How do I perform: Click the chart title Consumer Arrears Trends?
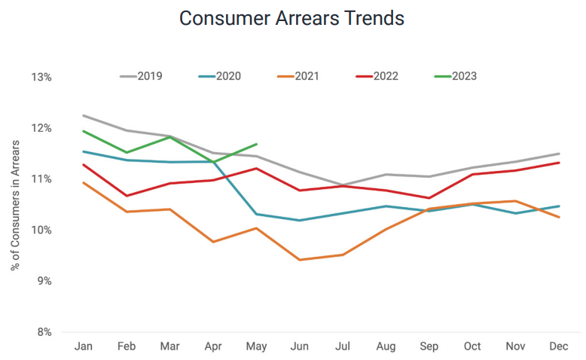(x=292, y=18)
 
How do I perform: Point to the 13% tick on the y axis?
(x=41, y=78)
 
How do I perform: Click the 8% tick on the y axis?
(x=44, y=332)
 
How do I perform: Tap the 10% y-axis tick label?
(x=41, y=230)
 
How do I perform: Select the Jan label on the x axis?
(x=83, y=346)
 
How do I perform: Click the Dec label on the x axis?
(x=559, y=346)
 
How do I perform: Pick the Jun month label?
(x=300, y=346)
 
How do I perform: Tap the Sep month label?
(x=429, y=346)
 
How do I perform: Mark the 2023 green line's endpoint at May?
(x=257, y=144)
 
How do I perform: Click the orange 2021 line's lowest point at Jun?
(x=300, y=260)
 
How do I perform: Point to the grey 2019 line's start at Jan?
(x=83, y=116)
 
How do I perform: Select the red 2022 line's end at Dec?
(x=559, y=163)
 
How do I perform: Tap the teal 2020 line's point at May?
(x=257, y=214)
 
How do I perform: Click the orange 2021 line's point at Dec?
(x=559, y=217)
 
